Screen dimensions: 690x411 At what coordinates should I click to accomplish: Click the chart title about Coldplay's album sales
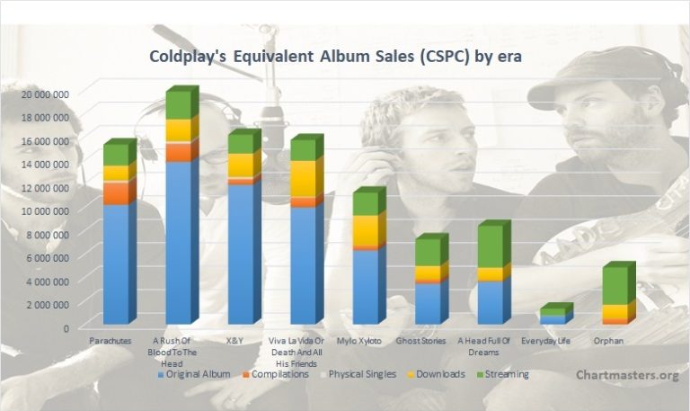pos(335,57)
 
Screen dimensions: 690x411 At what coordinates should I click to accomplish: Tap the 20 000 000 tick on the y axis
pos(45,94)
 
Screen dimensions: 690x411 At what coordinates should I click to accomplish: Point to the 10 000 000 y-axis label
pos(45,211)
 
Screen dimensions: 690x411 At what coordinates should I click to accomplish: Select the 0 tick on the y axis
pos(66,328)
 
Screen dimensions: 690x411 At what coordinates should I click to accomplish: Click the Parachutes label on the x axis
pos(110,341)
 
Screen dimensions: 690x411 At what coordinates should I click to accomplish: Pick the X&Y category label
pos(234,341)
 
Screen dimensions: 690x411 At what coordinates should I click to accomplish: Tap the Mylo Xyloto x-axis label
pos(359,341)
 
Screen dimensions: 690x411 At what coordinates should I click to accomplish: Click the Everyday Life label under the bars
pos(545,341)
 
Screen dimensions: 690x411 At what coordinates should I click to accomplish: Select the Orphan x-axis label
pos(608,341)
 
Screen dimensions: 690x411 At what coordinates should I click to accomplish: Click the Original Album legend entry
pos(194,374)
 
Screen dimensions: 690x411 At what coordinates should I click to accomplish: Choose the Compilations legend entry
pos(276,374)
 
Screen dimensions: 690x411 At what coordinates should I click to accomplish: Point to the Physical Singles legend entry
pos(358,374)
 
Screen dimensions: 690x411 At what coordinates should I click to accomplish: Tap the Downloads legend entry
pos(436,374)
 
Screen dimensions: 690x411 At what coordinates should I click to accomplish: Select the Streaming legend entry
pos(503,374)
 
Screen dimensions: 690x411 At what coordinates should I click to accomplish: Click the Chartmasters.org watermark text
pos(627,375)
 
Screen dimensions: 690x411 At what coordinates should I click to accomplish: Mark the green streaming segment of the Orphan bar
pos(615,285)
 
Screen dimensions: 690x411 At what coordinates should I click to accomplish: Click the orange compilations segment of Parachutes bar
pos(116,193)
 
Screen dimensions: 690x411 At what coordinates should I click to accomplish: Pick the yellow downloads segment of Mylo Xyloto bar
pos(366,230)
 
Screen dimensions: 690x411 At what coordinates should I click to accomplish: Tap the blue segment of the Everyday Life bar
pos(553,319)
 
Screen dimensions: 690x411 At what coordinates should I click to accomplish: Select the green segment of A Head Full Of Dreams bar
pos(491,246)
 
